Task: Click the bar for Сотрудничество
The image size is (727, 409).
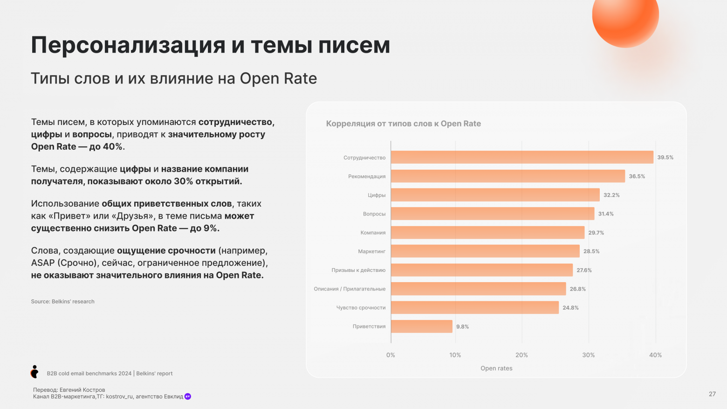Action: click(522, 157)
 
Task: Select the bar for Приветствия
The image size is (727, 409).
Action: click(421, 326)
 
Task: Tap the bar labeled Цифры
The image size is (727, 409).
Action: click(495, 195)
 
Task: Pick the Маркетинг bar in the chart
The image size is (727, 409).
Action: click(485, 251)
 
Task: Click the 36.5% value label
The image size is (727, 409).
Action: click(637, 176)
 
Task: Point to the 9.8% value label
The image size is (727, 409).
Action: click(462, 327)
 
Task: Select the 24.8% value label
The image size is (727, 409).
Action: click(570, 308)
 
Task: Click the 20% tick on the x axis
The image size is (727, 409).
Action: click(521, 355)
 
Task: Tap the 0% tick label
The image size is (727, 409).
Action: click(391, 355)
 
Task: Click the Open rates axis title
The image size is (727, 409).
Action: click(496, 368)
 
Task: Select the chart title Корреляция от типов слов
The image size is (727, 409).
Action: click(403, 124)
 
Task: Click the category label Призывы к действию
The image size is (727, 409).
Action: click(358, 270)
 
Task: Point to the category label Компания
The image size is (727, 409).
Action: click(373, 233)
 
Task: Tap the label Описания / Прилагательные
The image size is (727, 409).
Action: click(350, 289)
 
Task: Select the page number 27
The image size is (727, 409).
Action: click(712, 394)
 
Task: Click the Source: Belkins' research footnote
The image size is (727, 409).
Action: click(63, 302)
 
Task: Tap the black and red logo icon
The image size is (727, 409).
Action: click(34, 372)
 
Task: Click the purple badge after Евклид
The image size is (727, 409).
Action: click(188, 396)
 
